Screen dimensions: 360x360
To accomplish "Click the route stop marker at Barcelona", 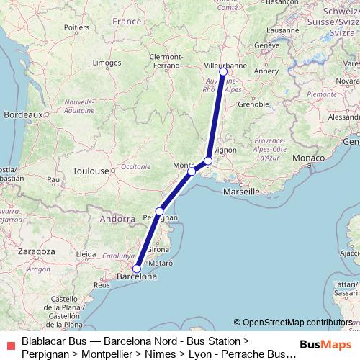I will (x=137, y=269).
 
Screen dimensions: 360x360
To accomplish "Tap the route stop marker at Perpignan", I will (x=160, y=211).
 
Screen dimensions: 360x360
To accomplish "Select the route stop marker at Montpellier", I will (x=192, y=171).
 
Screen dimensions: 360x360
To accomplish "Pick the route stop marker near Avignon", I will (x=208, y=161).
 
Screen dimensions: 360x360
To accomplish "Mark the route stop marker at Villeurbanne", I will (x=223, y=71).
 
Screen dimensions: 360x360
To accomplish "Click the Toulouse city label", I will (x=91, y=171).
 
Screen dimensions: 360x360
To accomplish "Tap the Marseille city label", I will (x=242, y=192).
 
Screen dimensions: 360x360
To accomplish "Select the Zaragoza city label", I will (x=35, y=251).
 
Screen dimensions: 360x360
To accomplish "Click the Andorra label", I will (x=117, y=218).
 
